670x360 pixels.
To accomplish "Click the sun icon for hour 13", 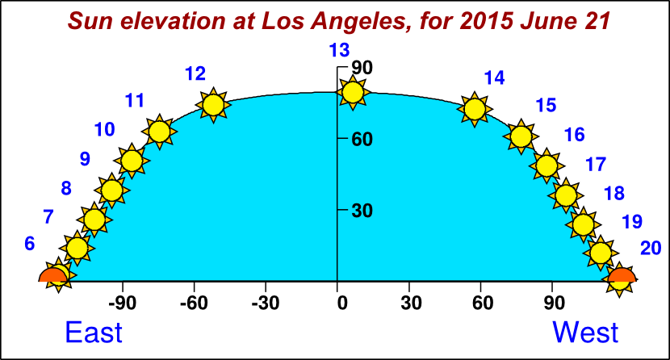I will pos(352,92).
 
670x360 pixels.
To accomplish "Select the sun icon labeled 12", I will pos(213,105).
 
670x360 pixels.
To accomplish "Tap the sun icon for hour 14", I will pos(475,108).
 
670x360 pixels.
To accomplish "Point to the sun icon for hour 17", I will pos(566,195).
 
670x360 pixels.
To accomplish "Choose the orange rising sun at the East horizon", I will pos(53,276).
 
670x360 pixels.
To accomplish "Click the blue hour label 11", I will pos(135,101).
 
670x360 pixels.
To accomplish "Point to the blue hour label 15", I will pos(546,105).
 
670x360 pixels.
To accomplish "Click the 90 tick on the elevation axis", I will pos(362,68).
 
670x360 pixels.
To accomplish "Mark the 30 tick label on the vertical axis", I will pos(361,211).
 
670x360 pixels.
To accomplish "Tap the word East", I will pos(94,332).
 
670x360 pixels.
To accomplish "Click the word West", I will pos(585,332).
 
